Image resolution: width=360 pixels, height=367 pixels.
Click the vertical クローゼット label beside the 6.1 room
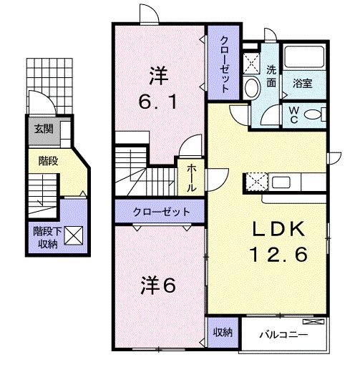[x=224, y=64]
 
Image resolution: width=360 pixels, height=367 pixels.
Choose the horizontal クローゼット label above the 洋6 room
[x=161, y=212]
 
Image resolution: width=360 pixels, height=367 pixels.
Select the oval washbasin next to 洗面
[x=251, y=87]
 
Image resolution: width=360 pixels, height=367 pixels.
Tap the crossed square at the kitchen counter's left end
[x=256, y=181]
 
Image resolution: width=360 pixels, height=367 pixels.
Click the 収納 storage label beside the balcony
[x=223, y=332]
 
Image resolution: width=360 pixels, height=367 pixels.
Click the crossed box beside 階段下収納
[x=74, y=234]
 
